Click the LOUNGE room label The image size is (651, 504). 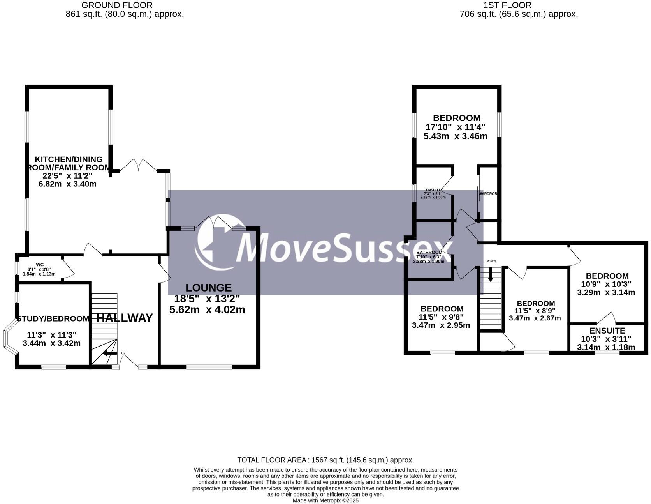pos(208,288)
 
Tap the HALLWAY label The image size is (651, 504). pos(125,318)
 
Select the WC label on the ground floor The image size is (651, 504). pos(40,265)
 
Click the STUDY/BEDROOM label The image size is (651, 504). pos(53,318)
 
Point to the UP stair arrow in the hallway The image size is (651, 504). pos(110,354)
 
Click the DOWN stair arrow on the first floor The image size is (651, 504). pos(491,274)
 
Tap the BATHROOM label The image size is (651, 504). pos(429,252)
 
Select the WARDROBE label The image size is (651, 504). pos(487,193)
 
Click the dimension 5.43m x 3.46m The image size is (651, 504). pos(456,136)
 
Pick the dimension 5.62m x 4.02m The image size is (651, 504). pos(207,310)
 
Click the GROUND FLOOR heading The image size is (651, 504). pos(117,5)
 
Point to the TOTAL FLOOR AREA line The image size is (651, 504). pos(325,460)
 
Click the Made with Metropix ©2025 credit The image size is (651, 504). pos(325,500)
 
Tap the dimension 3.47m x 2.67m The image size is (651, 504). pos(535,318)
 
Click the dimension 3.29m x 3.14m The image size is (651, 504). pos(606,292)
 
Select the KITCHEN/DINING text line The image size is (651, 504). pos(69,159)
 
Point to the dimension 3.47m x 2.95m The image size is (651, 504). pos(441,325)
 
